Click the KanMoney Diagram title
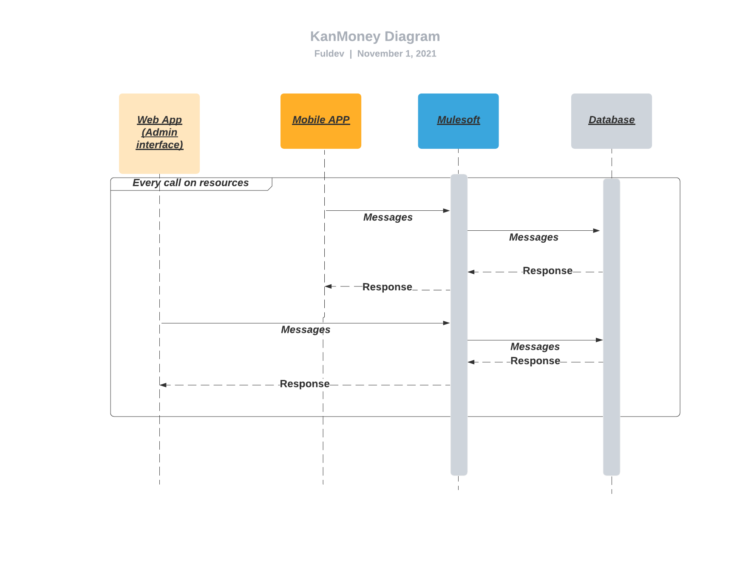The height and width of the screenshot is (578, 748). (x=375, y=37)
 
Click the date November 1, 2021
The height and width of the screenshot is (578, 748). (x=397, y=54)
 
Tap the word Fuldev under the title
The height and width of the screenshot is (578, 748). (x=329, y=54)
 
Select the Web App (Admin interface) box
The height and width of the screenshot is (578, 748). (x=159, y=133)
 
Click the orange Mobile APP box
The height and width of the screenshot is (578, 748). (x=321, y=121)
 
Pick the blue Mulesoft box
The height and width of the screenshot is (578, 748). (x=458, y=121)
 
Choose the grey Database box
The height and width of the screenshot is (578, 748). (x=611, y=121)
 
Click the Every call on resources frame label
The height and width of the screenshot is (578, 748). (x=190, y=183)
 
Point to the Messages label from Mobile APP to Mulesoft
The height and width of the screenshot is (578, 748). (x=388, y=218)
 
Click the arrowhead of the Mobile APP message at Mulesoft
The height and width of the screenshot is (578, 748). (x=446, y=210)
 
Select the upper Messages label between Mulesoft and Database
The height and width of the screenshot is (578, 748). (x=533, y=238)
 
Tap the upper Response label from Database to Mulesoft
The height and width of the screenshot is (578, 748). (x=547, y=271)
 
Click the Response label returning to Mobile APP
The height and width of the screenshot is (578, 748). (x=387, y=287)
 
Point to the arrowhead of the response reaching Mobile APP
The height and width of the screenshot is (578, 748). (x=328, y=286)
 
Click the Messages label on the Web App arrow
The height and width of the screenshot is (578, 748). (x=305, y=330)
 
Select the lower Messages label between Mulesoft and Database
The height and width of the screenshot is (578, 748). (x=535, y=347)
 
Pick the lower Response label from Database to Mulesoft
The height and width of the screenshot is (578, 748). (x=535, y=361)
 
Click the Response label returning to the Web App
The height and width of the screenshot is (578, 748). (x=304, y=384)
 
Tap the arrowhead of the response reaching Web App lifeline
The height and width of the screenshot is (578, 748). (x=163, y=385)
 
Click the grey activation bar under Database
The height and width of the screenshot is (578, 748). (x=611, y=425)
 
